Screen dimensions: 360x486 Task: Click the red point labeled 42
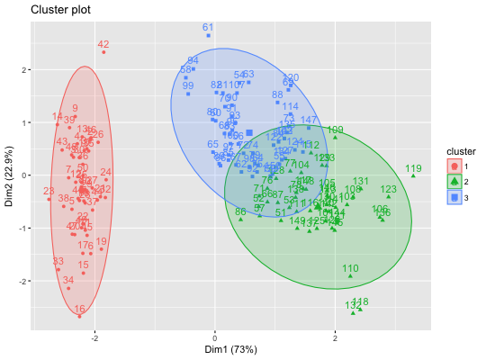click(x=103, y=52)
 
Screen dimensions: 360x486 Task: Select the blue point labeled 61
click(x=208, y=36)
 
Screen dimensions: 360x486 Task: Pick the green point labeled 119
click(x=413, y=176)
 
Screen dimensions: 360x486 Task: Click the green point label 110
click(x=350, y=268)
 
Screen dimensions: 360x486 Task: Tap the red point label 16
click(x=80, y=309)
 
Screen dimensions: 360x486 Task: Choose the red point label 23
click(x=49, y=191)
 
